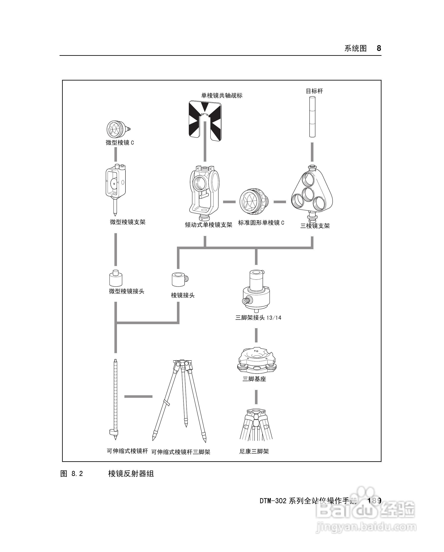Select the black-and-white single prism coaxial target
click(205, 120)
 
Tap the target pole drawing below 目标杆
click(312, 116)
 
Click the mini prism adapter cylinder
click(116, 278)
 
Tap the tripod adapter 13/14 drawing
click(256, 291)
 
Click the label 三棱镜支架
click(315, 226)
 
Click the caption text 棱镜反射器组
click(131, 474)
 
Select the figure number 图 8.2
click(72, 474)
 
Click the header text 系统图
click(356, 48)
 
